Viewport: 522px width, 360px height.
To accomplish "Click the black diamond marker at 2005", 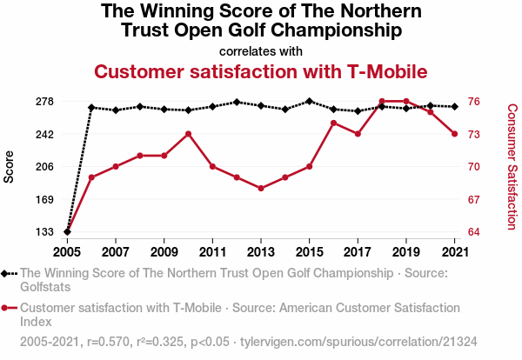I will [x=67, y=232].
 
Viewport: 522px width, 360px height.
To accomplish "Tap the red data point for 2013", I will [x=261, y=189].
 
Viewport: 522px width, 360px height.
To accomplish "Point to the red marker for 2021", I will [x=454, y=134].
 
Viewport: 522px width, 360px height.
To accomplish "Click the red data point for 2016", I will [x=333, y=123].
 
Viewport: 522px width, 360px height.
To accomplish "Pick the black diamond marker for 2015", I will [x=309, y=101].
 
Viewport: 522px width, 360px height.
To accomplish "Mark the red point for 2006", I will [x=91, y=177].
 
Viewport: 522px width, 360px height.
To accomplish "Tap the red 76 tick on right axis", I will [x=475, y=102].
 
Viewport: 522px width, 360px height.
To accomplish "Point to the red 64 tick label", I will [x=475, y=232].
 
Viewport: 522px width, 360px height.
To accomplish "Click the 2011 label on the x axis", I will [x=212, y=252].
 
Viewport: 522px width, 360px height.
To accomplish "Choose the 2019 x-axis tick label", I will [x=405, y=252].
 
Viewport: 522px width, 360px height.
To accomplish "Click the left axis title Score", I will [x=10, y=166].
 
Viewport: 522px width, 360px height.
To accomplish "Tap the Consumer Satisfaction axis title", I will [x=512, y=166].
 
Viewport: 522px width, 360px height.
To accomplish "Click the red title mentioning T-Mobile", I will [x=261, y=70].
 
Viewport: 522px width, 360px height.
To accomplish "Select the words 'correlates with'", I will [x=261, y=50].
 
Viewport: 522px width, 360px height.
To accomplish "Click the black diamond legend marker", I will [x=9, y=273].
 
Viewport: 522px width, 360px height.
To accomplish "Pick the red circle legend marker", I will [x=9, y=308].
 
